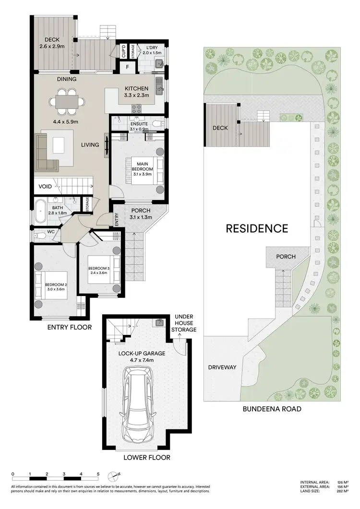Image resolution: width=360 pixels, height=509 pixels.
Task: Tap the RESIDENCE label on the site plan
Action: click(257, 228)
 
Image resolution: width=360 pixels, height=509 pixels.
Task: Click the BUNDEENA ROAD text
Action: click(272, 409)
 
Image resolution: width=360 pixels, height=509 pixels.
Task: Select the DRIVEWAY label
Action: click(222, 367)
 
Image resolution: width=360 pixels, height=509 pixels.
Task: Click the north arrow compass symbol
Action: click(113, 475)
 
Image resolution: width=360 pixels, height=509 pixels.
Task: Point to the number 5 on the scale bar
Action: click(98, 473)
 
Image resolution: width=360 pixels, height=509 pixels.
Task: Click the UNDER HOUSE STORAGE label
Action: click(185, 323)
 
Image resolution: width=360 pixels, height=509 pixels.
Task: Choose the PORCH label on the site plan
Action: click(286, 257)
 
